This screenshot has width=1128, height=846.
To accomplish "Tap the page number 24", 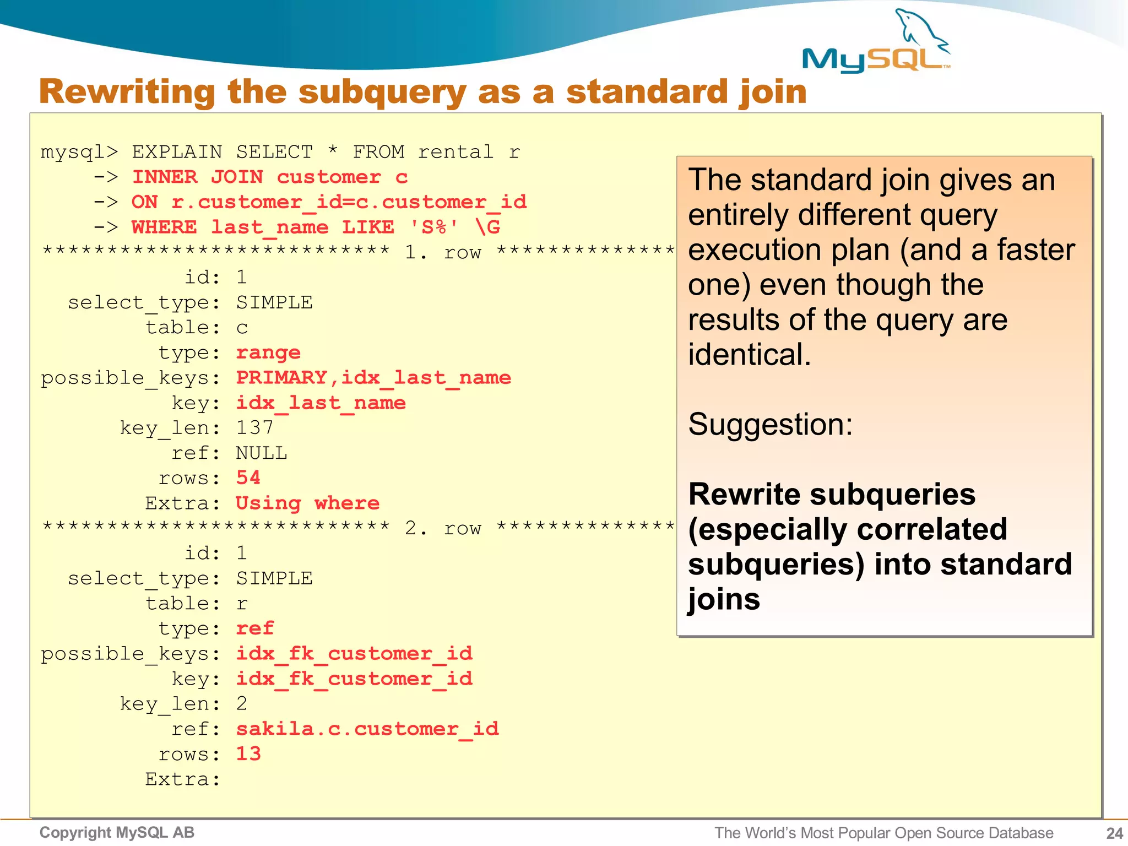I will pos(1114,833).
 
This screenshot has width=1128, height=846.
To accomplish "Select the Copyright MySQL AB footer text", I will pos(117,832).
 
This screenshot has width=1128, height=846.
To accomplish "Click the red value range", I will pos(268,352).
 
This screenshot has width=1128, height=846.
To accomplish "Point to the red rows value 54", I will pos(248,478).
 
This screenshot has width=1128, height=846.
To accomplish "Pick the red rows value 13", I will pos(248,753).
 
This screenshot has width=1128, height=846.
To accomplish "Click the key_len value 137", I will pos(254,427).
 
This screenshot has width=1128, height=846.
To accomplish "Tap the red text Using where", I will pos(307,503).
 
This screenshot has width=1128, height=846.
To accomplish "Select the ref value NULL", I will pos(262,453).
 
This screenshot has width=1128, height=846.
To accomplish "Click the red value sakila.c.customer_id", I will pos(367,729).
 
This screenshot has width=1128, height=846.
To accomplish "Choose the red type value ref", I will pos(255,628).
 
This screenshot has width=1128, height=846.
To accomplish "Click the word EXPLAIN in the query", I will pos(177,151).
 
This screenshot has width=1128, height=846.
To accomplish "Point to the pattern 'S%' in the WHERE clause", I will pos(434,227).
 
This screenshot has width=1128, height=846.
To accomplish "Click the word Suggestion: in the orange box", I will pos(770,425).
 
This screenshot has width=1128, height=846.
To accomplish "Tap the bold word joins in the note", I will pos(724,599).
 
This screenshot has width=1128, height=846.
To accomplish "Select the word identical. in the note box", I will pos(749,355).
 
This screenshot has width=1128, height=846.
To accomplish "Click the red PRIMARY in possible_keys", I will pos(281,377).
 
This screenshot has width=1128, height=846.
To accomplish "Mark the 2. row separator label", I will pos(443,528).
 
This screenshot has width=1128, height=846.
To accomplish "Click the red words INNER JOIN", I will pos(197,177).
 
